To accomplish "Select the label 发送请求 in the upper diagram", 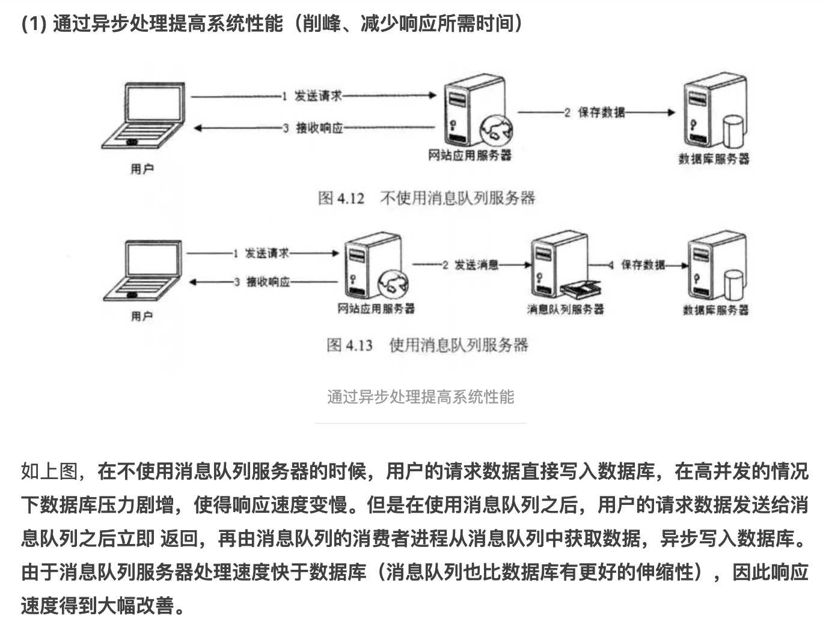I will pos(317,96).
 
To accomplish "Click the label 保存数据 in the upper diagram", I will pos(601,112).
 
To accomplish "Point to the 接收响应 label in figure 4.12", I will pos(319,128).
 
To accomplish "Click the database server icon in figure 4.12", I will pos(714,112).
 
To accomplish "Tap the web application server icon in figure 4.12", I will pos(475,114).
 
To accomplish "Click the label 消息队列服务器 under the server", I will pos(565,309).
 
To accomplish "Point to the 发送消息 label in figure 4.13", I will pos(476,265).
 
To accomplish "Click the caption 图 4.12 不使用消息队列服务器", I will pos(426,198).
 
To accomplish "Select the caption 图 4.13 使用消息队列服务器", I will pos(427,345).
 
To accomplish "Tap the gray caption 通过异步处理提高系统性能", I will pos(420,397).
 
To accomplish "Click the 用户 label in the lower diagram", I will pos(142,316).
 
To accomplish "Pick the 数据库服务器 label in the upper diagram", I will pos(714,159).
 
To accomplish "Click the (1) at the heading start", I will pos(34,24).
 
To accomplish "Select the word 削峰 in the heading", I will pos(322,24).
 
